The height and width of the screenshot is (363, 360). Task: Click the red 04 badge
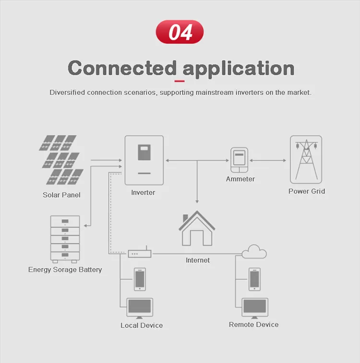pos(180,32)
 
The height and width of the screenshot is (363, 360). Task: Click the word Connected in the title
pos(122,68)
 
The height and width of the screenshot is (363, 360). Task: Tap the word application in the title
pos(239,69)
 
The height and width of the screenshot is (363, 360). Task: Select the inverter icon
pos(144,160)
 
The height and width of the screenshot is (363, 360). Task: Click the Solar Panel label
pos(61,195)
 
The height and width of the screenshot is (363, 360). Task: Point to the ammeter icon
pos(240,160)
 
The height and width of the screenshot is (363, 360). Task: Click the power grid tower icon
pos(306,160)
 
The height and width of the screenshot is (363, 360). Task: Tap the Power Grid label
pos(307,191)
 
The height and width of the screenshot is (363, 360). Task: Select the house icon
pos(197,228)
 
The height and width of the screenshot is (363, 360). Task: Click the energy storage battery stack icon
pos(65,239)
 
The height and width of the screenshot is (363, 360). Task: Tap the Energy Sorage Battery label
pos(65,269)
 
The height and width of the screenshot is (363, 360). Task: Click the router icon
pos(140,252)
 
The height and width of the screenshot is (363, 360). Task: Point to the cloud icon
pos(254,252)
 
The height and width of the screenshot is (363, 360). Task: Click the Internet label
pos(198,260)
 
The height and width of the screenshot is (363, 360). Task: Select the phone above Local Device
pos(140,279)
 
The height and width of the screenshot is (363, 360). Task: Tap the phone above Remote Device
pos(254,279)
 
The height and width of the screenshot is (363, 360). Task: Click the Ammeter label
pos(240,179)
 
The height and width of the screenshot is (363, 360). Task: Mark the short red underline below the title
pos(180,81)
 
